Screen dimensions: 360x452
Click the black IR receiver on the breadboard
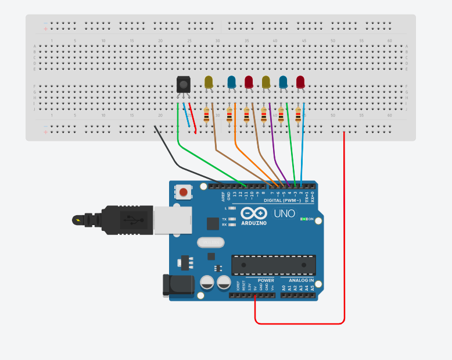[183, 84]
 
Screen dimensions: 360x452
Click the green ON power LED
[303, 219]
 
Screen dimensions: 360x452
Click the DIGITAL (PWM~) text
[282, 201]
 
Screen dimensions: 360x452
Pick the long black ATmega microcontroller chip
[274, 265]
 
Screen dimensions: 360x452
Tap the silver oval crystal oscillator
[210, 243]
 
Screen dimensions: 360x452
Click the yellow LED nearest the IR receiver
[209, 82]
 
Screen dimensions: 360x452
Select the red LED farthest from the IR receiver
[300, 82]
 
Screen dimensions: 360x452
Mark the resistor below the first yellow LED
[206, 116]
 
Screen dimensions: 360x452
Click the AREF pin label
[223, 195]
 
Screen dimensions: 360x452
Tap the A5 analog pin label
[313, 287]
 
